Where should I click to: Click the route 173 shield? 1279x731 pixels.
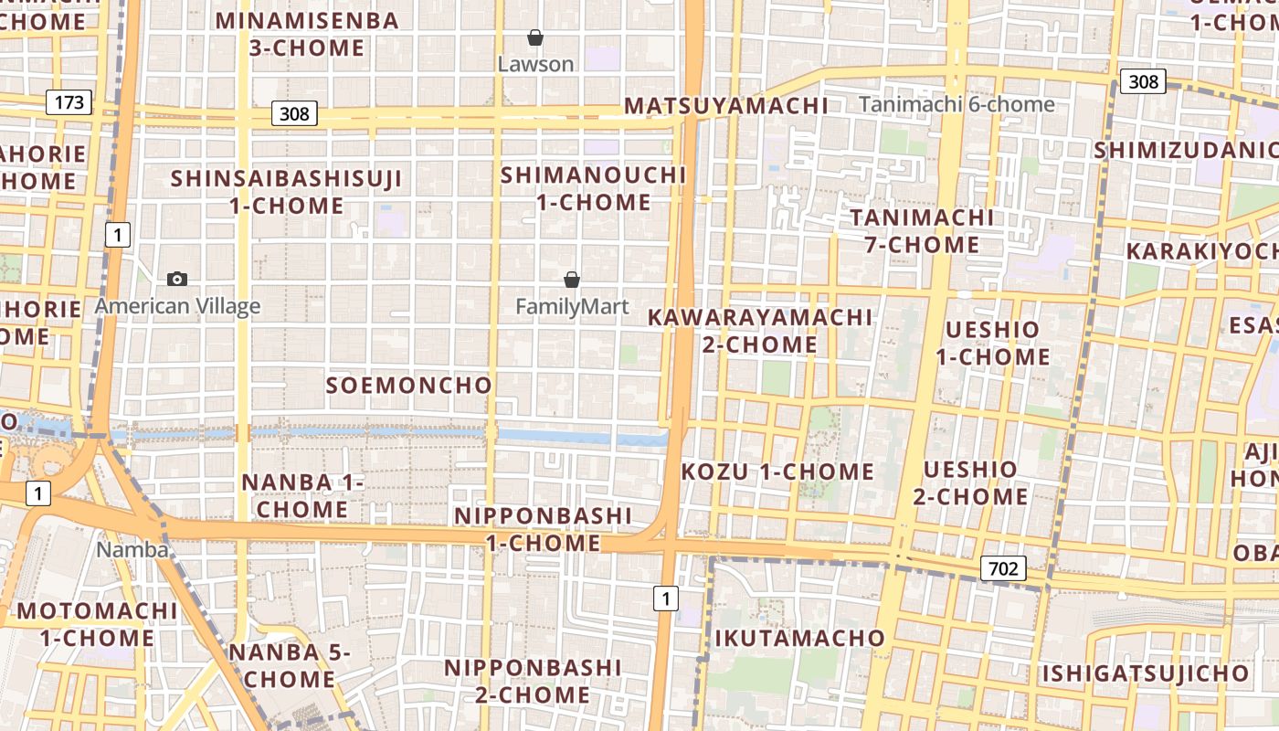click(69, 101)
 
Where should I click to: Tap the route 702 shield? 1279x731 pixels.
click(1003, 568)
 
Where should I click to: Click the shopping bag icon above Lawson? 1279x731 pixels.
click(535, 37)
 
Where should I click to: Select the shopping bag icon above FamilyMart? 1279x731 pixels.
click(572, 280)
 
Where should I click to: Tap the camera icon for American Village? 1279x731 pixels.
click(177, 279)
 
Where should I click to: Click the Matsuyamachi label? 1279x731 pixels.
click(726, 105)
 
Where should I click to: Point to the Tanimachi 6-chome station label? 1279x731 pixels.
click(957, 104)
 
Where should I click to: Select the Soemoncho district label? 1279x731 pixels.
click(409, 385)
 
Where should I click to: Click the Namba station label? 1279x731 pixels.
click(132, 549)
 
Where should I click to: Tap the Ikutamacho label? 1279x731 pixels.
click(799, 638)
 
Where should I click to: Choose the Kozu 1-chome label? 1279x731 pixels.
click(778, 471)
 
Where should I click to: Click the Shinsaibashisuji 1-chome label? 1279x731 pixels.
click(287, 192)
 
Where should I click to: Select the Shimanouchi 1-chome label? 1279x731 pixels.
click(594, 187)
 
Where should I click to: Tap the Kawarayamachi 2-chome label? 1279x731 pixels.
click(760, 330)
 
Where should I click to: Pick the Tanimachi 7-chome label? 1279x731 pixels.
click(923, 230)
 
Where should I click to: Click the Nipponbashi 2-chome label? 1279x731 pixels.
click(533, 681)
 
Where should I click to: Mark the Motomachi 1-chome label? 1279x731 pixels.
click(97, 623)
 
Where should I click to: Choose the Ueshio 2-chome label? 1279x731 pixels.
click(970, 482)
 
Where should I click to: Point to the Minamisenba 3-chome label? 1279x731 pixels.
click(307, 34)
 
